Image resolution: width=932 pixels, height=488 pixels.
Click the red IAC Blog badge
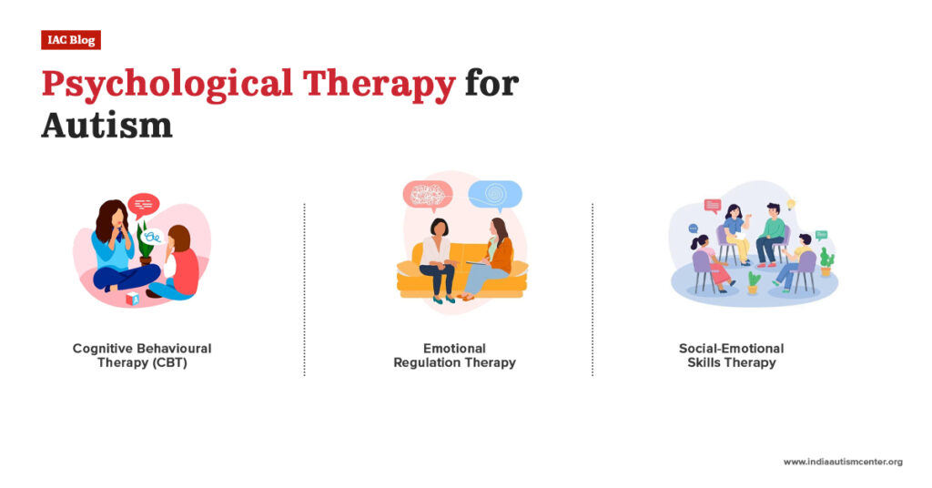[70, 40]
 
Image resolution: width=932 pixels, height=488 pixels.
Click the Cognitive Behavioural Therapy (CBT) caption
[142, 355]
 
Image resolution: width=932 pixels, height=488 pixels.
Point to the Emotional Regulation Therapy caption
[454, 355]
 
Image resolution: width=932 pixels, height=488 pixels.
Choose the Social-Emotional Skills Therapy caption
[731, 355]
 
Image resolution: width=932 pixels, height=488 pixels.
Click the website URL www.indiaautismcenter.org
[842, 463]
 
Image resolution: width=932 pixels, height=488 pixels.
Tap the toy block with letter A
[135, 298]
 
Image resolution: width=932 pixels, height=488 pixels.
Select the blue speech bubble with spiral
[494, 194]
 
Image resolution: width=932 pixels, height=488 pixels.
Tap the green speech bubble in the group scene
[821, 234]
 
